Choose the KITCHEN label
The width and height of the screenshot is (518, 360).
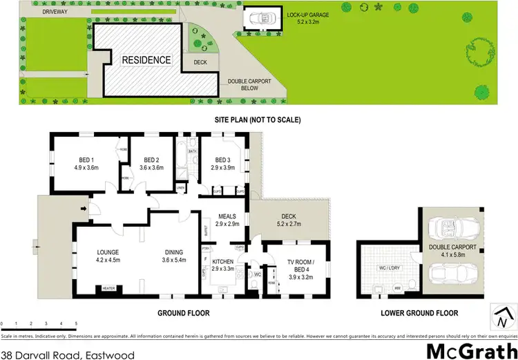coord(223,261)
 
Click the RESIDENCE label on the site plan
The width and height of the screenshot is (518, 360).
coord(146,60)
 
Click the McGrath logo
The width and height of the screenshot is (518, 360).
coord(468,350)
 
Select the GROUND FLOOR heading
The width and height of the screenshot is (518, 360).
coord(183,313)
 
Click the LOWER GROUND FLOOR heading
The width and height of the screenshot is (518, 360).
coord(419,313)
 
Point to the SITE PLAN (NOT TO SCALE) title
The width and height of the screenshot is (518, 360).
coord(258,120)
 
